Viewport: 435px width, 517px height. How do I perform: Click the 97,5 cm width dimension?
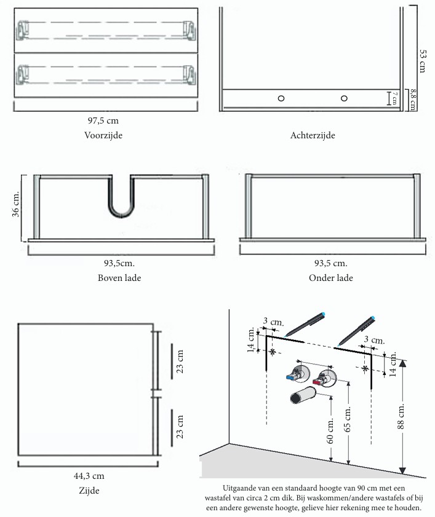tap(103, 120)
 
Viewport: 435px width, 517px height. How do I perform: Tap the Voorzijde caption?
tap(103, 135)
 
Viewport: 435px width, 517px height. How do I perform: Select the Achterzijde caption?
tap(313, 135)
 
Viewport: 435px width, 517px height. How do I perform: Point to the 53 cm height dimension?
tap(423, 61)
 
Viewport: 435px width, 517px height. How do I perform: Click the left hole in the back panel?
tap(281, 98)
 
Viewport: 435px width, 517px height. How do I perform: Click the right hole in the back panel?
tap(344, 98)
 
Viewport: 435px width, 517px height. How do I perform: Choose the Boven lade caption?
tap(119, 278)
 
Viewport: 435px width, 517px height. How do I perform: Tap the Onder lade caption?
tap(331, 278)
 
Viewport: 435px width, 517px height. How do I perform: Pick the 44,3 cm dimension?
tap(89, 476)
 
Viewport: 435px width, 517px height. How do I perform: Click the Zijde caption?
tap(89, 491)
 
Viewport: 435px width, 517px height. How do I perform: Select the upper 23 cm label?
tap(180, 361)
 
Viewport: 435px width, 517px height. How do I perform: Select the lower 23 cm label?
tap(180, 427)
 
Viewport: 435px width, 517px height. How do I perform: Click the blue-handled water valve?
tap(298, 374)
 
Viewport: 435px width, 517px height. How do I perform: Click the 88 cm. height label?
tap(401, 416)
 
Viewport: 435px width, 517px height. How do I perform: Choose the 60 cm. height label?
tap(330, 430)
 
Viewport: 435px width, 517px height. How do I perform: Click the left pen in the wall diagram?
tap(305, 324)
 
